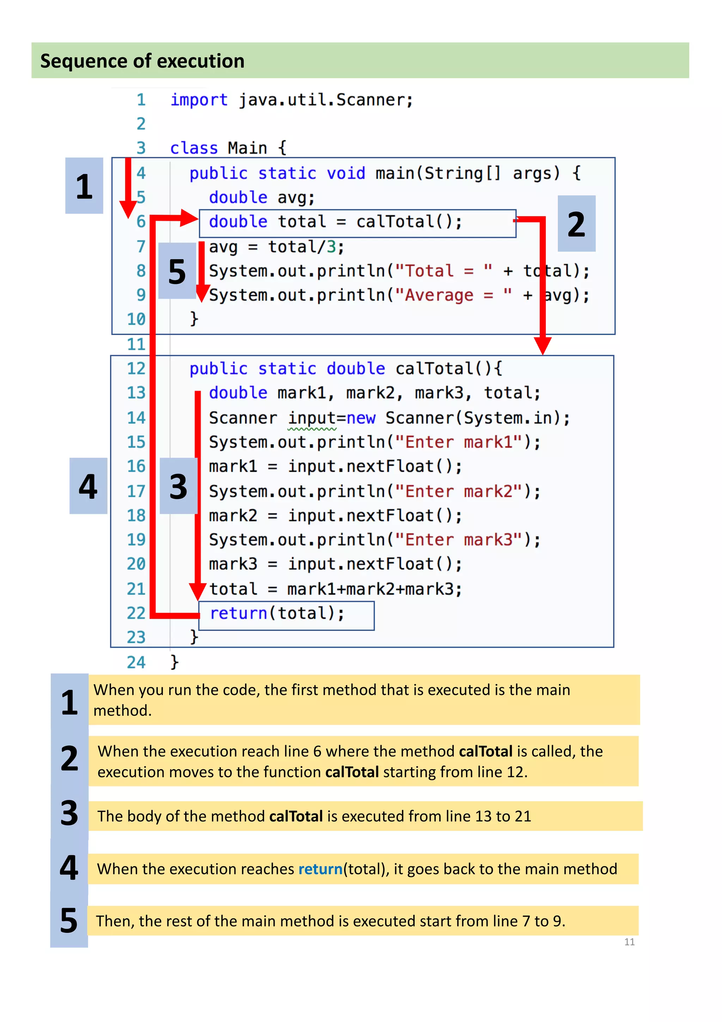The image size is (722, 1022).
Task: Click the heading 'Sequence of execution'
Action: pyautogui.click(x=142, y=61)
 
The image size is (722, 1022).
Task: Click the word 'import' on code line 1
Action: pyautogui.click(x=199, y=100)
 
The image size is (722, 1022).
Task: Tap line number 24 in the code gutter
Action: pyautogui.click(x=136, y=662)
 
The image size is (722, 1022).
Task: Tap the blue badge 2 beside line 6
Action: pyautogui.click(x=576, y=224)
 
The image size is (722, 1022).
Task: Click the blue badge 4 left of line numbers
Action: pyautogui.click(x=88, y=486)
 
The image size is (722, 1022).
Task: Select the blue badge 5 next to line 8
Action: pyautogui.click(x=177, y=271)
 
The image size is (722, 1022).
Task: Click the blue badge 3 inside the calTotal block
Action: pyautogui.click(x=178, y=486)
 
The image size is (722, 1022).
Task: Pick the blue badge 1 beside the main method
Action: pyautogui.click(x=84, y=185)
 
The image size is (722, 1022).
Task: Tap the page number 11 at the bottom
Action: pyautogui.click(x=629, y=942)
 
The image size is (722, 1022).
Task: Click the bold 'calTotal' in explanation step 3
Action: pyautogui.click(x=296, y=816)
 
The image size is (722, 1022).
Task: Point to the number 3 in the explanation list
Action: pyautogui.click(x=69, y=813)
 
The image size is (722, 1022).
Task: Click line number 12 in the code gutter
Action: pyautogui.click(x=136, y=369)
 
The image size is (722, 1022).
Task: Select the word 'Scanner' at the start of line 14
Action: pyautogui.click(x=243, y=418)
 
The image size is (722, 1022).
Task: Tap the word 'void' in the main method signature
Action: pyautogui.click(x=345, y=173)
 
